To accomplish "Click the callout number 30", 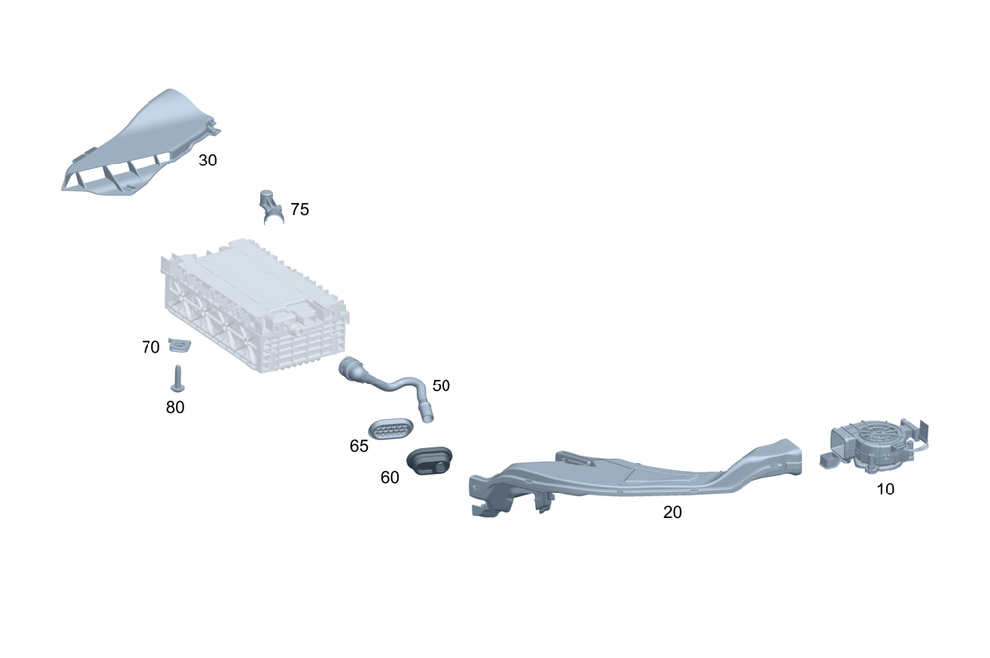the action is pos(207,160).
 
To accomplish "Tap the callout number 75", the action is pos(299,210).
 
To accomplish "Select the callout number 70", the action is pos(150,347).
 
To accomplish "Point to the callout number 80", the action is pos(175,406).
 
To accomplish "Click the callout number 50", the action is pos(441,385).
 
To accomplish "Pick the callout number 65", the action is pos(358,446).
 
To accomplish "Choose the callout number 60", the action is pos(390,477).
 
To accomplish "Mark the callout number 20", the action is pos(672,512).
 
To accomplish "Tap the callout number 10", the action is pos(885,489).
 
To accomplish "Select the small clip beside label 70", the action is pos(179,345).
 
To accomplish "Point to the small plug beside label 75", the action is pos(270,204).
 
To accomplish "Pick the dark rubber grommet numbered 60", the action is pos(431,459).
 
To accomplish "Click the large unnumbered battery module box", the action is pos(252,302).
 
